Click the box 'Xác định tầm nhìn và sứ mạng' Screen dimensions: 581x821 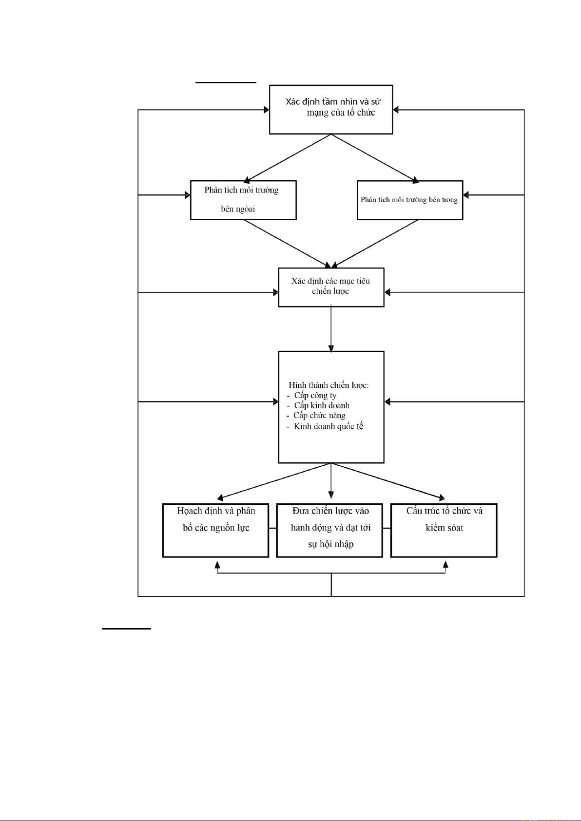[x=331, y=110]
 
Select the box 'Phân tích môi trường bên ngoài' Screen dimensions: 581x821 [x=243, y=200]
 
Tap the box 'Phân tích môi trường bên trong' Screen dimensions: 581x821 [x=410, y=200]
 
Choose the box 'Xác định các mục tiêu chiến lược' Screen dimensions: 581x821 [x=331, y=287]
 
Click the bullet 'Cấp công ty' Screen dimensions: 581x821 [x=312, y=396]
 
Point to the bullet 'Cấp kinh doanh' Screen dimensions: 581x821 [x=318, y=405]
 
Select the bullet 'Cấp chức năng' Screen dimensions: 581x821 [x=316, y=416]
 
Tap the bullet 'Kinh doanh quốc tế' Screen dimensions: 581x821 [x=325, y=426]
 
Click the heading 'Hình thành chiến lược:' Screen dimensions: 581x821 [x=329, y=385]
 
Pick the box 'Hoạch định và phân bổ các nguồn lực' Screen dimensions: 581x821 [x=215, y=530]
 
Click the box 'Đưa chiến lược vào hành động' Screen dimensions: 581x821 [x=329, y=530]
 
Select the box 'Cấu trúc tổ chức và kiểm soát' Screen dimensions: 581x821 [x=444, y=530]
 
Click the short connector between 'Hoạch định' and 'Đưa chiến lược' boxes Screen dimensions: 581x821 [x=272, y=528]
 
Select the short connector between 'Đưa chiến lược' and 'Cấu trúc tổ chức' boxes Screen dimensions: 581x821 [x=387, y=528]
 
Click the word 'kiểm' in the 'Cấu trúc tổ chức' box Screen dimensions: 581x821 [x=435, y=528]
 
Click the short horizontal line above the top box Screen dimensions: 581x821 [x=226, y=82]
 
